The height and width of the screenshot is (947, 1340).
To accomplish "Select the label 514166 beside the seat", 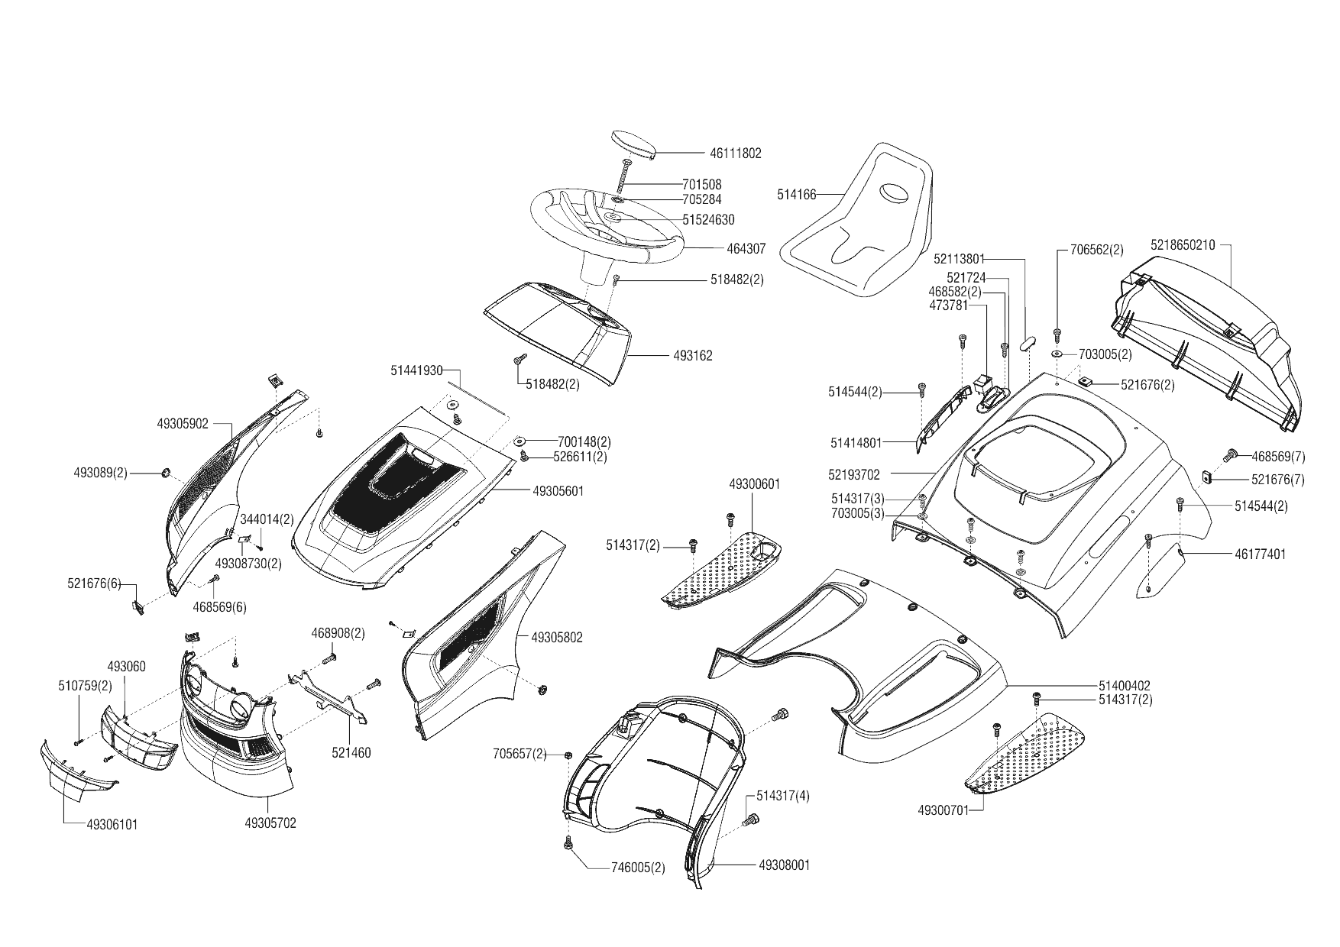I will coord(796,195).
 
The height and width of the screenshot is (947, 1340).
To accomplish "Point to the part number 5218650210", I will coord(1182,245).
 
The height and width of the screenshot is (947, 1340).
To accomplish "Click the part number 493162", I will coord(692,356).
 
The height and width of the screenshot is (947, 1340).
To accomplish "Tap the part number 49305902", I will coord(183,424).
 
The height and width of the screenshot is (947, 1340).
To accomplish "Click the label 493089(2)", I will coord(101,473).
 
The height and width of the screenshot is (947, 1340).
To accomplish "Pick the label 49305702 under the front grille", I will coord(270,823).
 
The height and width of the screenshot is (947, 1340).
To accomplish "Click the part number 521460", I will coord(351,753).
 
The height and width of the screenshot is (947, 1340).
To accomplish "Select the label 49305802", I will coord(556,638).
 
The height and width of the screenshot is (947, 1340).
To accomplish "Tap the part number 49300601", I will coord(754,484).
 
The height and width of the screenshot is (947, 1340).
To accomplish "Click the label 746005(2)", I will coord(638,868).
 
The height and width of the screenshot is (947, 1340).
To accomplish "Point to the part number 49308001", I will coord(784,865).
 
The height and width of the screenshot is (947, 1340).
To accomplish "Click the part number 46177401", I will coord(1260,554).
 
